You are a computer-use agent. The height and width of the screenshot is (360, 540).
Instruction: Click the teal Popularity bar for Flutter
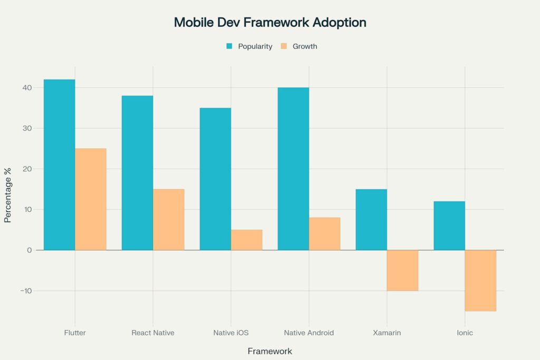click(x=59, y=164)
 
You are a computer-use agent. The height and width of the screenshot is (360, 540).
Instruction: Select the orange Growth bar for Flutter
click(x=91, y=199)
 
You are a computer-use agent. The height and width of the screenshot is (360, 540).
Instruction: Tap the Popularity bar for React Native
click(x=137, y=173)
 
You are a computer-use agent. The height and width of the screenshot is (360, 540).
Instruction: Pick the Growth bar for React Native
click(x=169, y=219)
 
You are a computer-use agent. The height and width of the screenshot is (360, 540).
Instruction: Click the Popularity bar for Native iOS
click(x=215, y=179)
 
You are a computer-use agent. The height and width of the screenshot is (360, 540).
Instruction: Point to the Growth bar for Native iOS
click(x=246, y=240)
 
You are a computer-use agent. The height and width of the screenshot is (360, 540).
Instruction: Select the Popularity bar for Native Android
click(x=293, y=169)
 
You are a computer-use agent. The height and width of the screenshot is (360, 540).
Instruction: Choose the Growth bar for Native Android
click(x=324, y=233)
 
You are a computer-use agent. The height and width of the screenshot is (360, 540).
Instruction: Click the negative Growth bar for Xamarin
click(x=402, y=270)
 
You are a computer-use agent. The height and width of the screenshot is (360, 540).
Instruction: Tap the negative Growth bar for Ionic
click(x=480, y=280)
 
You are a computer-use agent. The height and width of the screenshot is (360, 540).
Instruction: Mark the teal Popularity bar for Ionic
click(x=449, y=226)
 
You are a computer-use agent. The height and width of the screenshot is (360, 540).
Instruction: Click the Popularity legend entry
click(x=249, y=46)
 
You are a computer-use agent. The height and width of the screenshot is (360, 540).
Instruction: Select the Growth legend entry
click(x=299, y=46)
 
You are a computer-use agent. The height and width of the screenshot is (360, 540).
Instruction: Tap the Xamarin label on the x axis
click(x=387, y=333)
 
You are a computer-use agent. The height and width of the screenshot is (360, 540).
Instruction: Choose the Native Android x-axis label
click(x=308, y=333)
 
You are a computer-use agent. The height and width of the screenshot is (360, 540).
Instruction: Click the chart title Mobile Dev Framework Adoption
click(x=270, y=23)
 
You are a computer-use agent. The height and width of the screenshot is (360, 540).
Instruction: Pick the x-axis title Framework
click(x=269, y=351)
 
